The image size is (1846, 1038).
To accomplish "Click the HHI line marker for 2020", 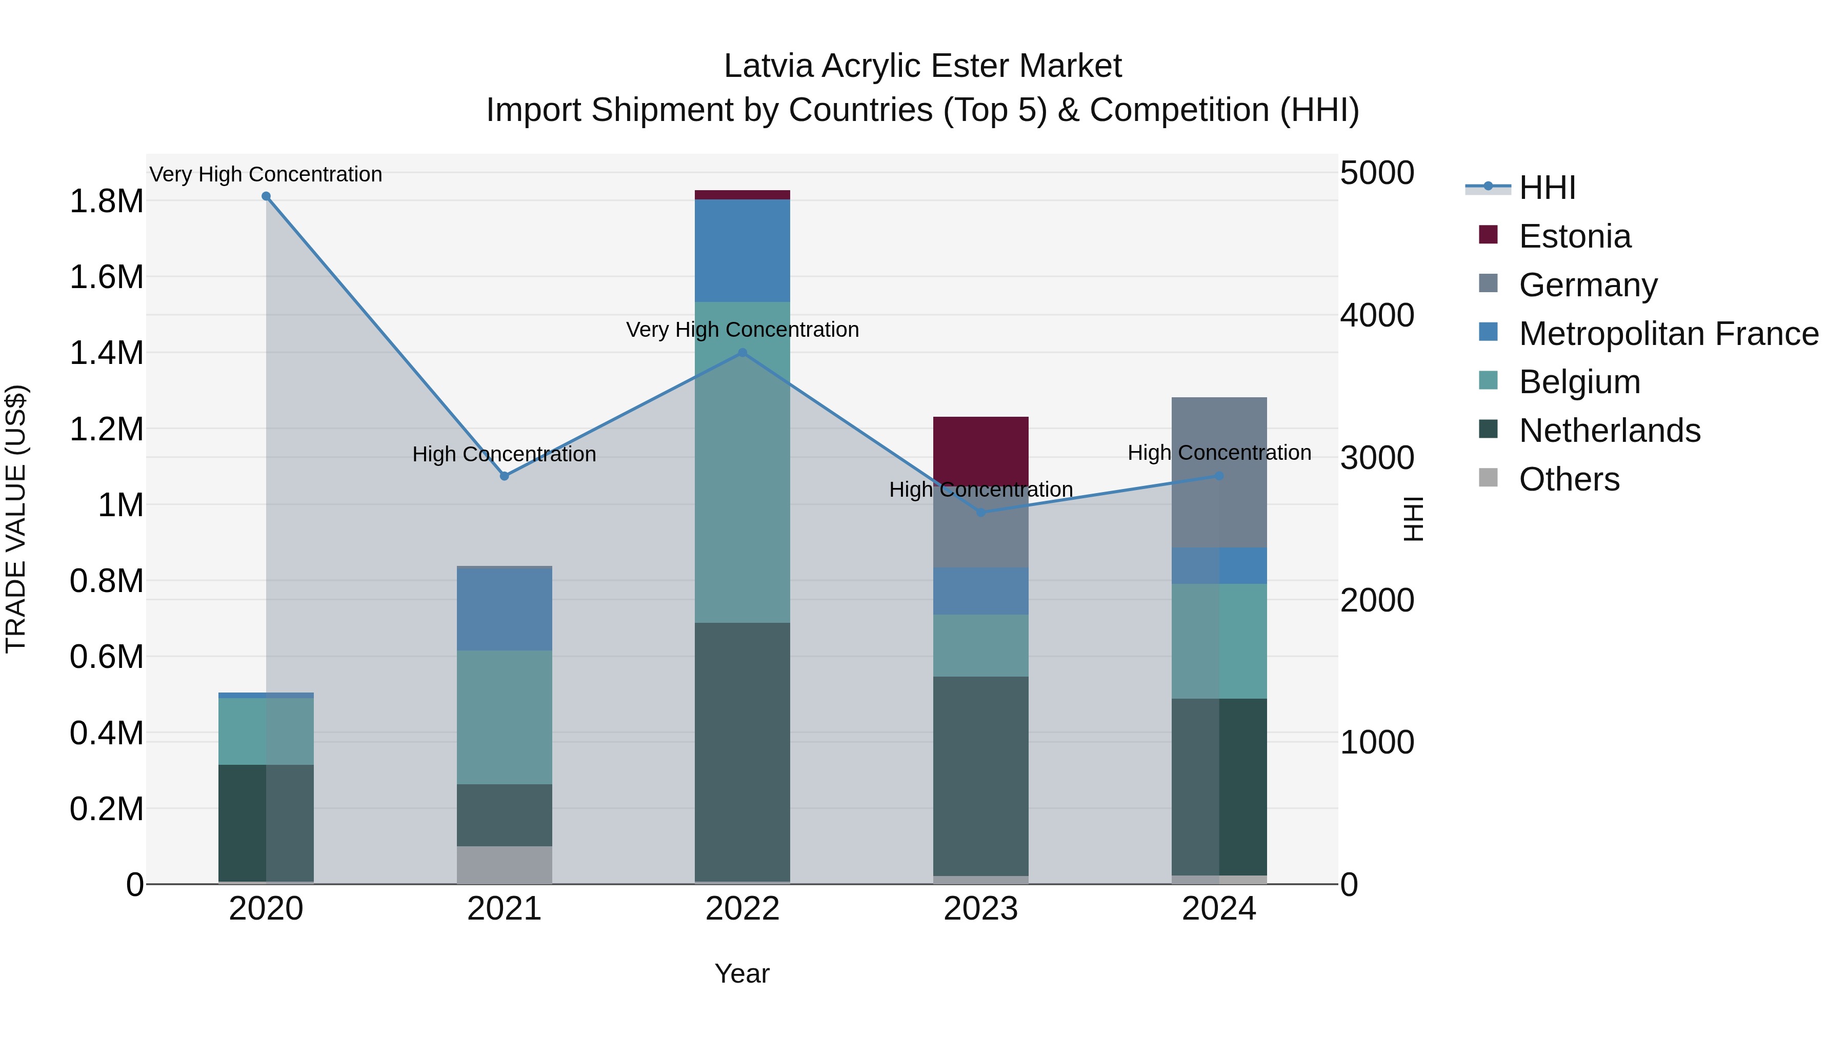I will (266, 196).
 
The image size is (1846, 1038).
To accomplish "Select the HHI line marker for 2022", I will (743, 353).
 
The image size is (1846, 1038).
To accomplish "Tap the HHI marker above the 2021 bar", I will (505, 476).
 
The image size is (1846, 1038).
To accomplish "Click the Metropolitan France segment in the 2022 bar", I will (743, 251).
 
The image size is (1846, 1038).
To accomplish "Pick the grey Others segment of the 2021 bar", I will (505, 865).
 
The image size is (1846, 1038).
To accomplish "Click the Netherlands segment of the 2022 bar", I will (743, 752).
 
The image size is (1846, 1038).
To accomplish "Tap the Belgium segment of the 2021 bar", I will (505, 717).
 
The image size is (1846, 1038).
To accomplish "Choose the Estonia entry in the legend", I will (1574, 236).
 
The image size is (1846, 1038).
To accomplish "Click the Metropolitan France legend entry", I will (1668, 334).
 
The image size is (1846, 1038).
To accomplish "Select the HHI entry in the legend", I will (1547, 188).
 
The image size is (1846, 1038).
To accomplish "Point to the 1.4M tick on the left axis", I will (106, 353).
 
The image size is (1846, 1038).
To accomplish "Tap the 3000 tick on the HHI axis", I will (1377, 458).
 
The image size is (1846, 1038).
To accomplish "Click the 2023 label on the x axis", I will (980, 909).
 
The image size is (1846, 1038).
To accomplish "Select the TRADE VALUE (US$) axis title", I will (16, 519).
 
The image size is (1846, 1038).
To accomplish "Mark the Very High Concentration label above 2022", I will (743, 330).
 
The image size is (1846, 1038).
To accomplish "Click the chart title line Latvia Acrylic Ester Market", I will (922, 66).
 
